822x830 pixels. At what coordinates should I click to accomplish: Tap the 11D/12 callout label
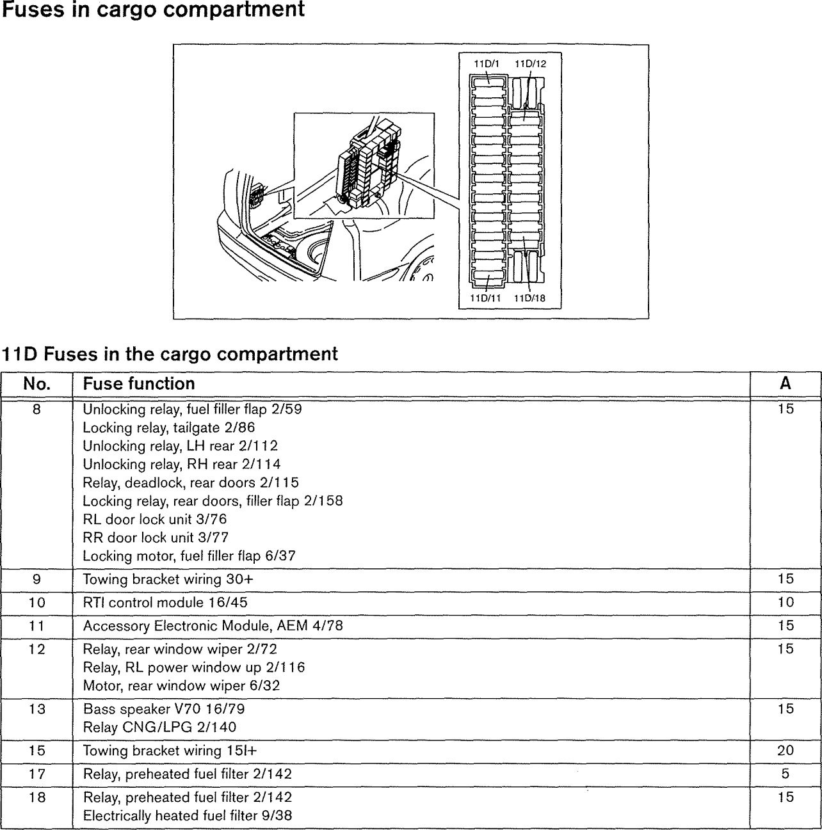point(530,64)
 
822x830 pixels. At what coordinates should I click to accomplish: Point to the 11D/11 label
point(485,298)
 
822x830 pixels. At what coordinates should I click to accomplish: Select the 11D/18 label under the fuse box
point(529,298)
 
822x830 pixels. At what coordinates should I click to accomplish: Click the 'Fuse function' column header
point(139,384)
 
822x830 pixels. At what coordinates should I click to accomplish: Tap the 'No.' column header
point(36,384)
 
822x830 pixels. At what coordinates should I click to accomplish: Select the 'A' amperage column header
point(786,383)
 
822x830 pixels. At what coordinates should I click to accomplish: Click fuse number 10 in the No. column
point(37,603)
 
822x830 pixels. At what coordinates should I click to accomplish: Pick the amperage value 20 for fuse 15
point(786,751)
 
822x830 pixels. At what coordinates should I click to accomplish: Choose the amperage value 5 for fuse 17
point(786,774)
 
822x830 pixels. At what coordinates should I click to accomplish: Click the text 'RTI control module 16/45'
point(165,603)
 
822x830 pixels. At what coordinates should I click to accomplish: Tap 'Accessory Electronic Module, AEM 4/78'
point(213,626)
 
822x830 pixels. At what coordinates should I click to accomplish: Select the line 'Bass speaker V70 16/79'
point(164,709)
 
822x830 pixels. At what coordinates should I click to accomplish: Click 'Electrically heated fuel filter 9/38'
point(188,816)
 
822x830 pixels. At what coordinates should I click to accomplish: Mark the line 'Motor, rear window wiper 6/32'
point(181,686)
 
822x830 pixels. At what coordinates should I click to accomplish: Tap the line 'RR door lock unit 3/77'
point(156,538)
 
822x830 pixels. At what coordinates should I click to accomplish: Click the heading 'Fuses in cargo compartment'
point(152,10)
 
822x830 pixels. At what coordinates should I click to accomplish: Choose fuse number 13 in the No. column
point(37,709)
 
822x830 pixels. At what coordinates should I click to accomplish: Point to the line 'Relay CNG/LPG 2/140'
point(159,728)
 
